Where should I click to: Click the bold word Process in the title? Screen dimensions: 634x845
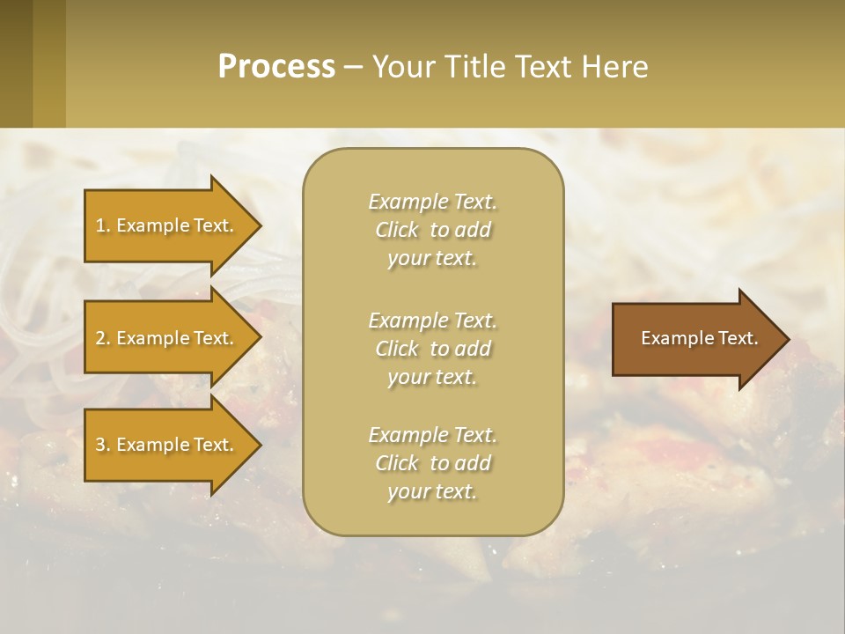tap(276, 67)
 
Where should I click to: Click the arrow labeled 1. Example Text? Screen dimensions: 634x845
tap(167, 225)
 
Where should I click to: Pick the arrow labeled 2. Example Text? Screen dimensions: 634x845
tap(167, 338)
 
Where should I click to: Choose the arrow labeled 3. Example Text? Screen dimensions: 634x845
tap(167, 445)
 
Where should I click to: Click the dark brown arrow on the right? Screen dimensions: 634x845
tap(695, 339)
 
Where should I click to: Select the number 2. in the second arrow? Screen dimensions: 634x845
tap(103, 338)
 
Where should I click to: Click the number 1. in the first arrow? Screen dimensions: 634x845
tap(103, 225)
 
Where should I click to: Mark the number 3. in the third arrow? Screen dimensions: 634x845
tap(103, 445)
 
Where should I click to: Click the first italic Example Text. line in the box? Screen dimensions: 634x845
tap(432, 202)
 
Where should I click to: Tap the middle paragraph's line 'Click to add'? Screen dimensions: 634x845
tap(432, 349)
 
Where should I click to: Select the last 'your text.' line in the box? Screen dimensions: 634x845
tap(432, 491)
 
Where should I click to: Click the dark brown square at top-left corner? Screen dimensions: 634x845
tap(16, 63)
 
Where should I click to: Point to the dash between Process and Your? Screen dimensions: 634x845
tap(353, 68)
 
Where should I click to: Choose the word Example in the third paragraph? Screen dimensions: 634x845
tap(408, 435)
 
